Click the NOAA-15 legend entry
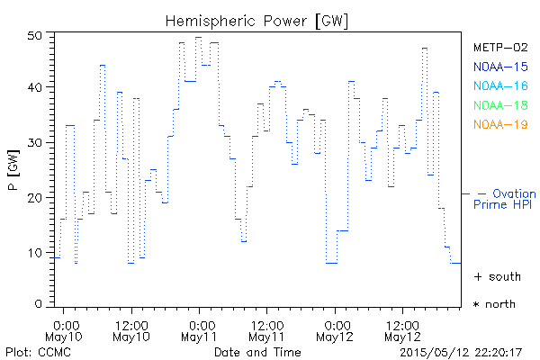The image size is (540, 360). tap(499, 67)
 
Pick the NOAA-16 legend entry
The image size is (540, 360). tap(499, 86)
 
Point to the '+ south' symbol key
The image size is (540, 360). tap(496, 276)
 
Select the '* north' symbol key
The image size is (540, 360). tap(494, 304)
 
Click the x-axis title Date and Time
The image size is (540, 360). tap(257, 352)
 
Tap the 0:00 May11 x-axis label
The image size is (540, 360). tap(201, 330)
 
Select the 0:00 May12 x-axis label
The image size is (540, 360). tap(337, 330)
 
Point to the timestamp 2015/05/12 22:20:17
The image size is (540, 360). tap(461, 352)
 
